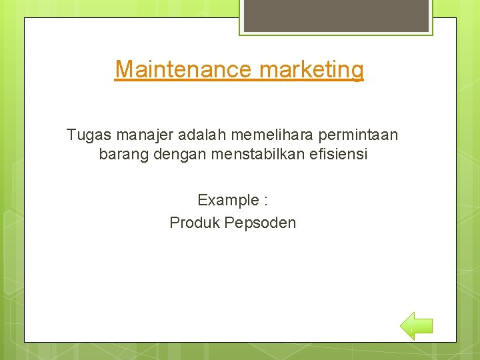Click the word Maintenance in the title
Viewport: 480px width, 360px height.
pyautogui.click(x=183, y=69)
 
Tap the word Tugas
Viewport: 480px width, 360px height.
pyautogui.click(x=89, y=135)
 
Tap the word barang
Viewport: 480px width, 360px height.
pyautogui.click(x=122, y=155)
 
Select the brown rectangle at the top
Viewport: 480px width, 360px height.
pyautogui.click(x=335, y=15)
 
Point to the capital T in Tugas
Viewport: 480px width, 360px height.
pyautogui.click(x=71, y=135)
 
